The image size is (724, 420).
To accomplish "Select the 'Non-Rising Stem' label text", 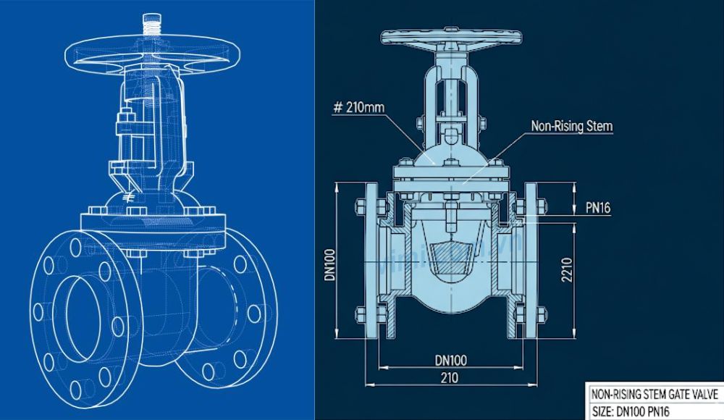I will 572,126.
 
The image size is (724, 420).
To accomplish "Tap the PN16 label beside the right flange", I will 598,209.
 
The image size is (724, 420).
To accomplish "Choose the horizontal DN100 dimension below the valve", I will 450,359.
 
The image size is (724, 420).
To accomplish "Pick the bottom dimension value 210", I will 450,377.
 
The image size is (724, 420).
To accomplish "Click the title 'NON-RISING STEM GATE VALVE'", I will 654,395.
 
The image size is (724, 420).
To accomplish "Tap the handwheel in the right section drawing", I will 451,38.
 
